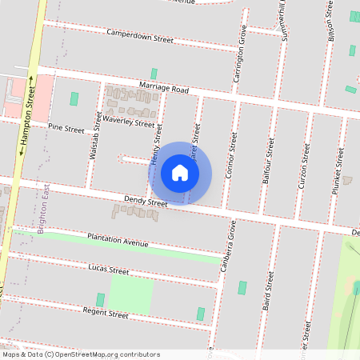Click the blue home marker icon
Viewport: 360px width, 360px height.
[x=180, y=172]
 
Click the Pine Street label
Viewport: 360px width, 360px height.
[x=66, y=128]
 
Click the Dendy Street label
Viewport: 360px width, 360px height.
[x=145, y=202]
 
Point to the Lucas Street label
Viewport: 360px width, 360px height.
[x=109, y=270]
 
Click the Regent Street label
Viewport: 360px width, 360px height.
[x=106, y=314]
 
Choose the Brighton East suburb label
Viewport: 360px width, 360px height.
[x=44, y=207]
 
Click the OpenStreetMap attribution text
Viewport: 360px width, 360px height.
[x=80, y=354]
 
